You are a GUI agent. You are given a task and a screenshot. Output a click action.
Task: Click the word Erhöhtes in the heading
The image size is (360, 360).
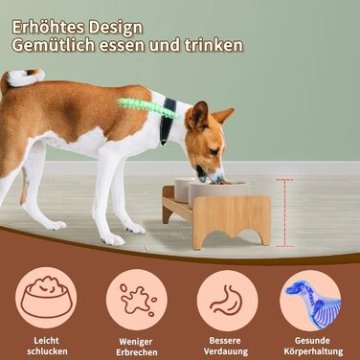(x=48, y=28)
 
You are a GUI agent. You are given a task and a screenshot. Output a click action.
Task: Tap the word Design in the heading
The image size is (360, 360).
(x=116, y=29)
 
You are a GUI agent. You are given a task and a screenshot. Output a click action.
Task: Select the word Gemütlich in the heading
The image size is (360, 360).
(x=54, y=45)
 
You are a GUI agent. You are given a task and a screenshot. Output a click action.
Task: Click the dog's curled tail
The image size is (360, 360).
(x=24, y=78)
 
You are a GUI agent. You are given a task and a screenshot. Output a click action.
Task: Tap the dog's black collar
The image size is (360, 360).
(x=168, y=120)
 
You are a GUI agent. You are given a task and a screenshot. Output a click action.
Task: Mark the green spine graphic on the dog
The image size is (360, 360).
(x=148, y=107)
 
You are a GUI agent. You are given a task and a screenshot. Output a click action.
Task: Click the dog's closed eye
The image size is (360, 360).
(x=214, y=151)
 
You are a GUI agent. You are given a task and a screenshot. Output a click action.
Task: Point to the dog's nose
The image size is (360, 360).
(x=219, y=178)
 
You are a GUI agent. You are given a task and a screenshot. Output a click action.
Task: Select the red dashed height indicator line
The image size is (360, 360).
(x=284, y=214)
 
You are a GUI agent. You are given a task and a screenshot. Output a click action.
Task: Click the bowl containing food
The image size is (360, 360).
(x=218, y=193)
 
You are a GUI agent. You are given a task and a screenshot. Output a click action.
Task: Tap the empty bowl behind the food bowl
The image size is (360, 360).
(x=183, y=190)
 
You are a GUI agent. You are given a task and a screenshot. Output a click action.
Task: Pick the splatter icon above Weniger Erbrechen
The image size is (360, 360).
(x=137, y=300)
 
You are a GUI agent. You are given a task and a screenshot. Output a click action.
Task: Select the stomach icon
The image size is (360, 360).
(x=227, y=300)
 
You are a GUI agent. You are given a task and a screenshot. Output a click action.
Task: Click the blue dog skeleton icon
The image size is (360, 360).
(x=312, y=301)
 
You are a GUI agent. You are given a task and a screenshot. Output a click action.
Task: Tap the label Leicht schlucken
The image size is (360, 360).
(x=47, y=346)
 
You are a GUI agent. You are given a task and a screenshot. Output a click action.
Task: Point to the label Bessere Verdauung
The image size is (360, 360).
(x=226, y=346)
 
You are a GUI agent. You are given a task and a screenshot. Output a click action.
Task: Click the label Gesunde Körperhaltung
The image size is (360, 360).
(x=313, y=346)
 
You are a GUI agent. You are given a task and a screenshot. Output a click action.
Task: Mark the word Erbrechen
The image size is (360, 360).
(x=137, y=352)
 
